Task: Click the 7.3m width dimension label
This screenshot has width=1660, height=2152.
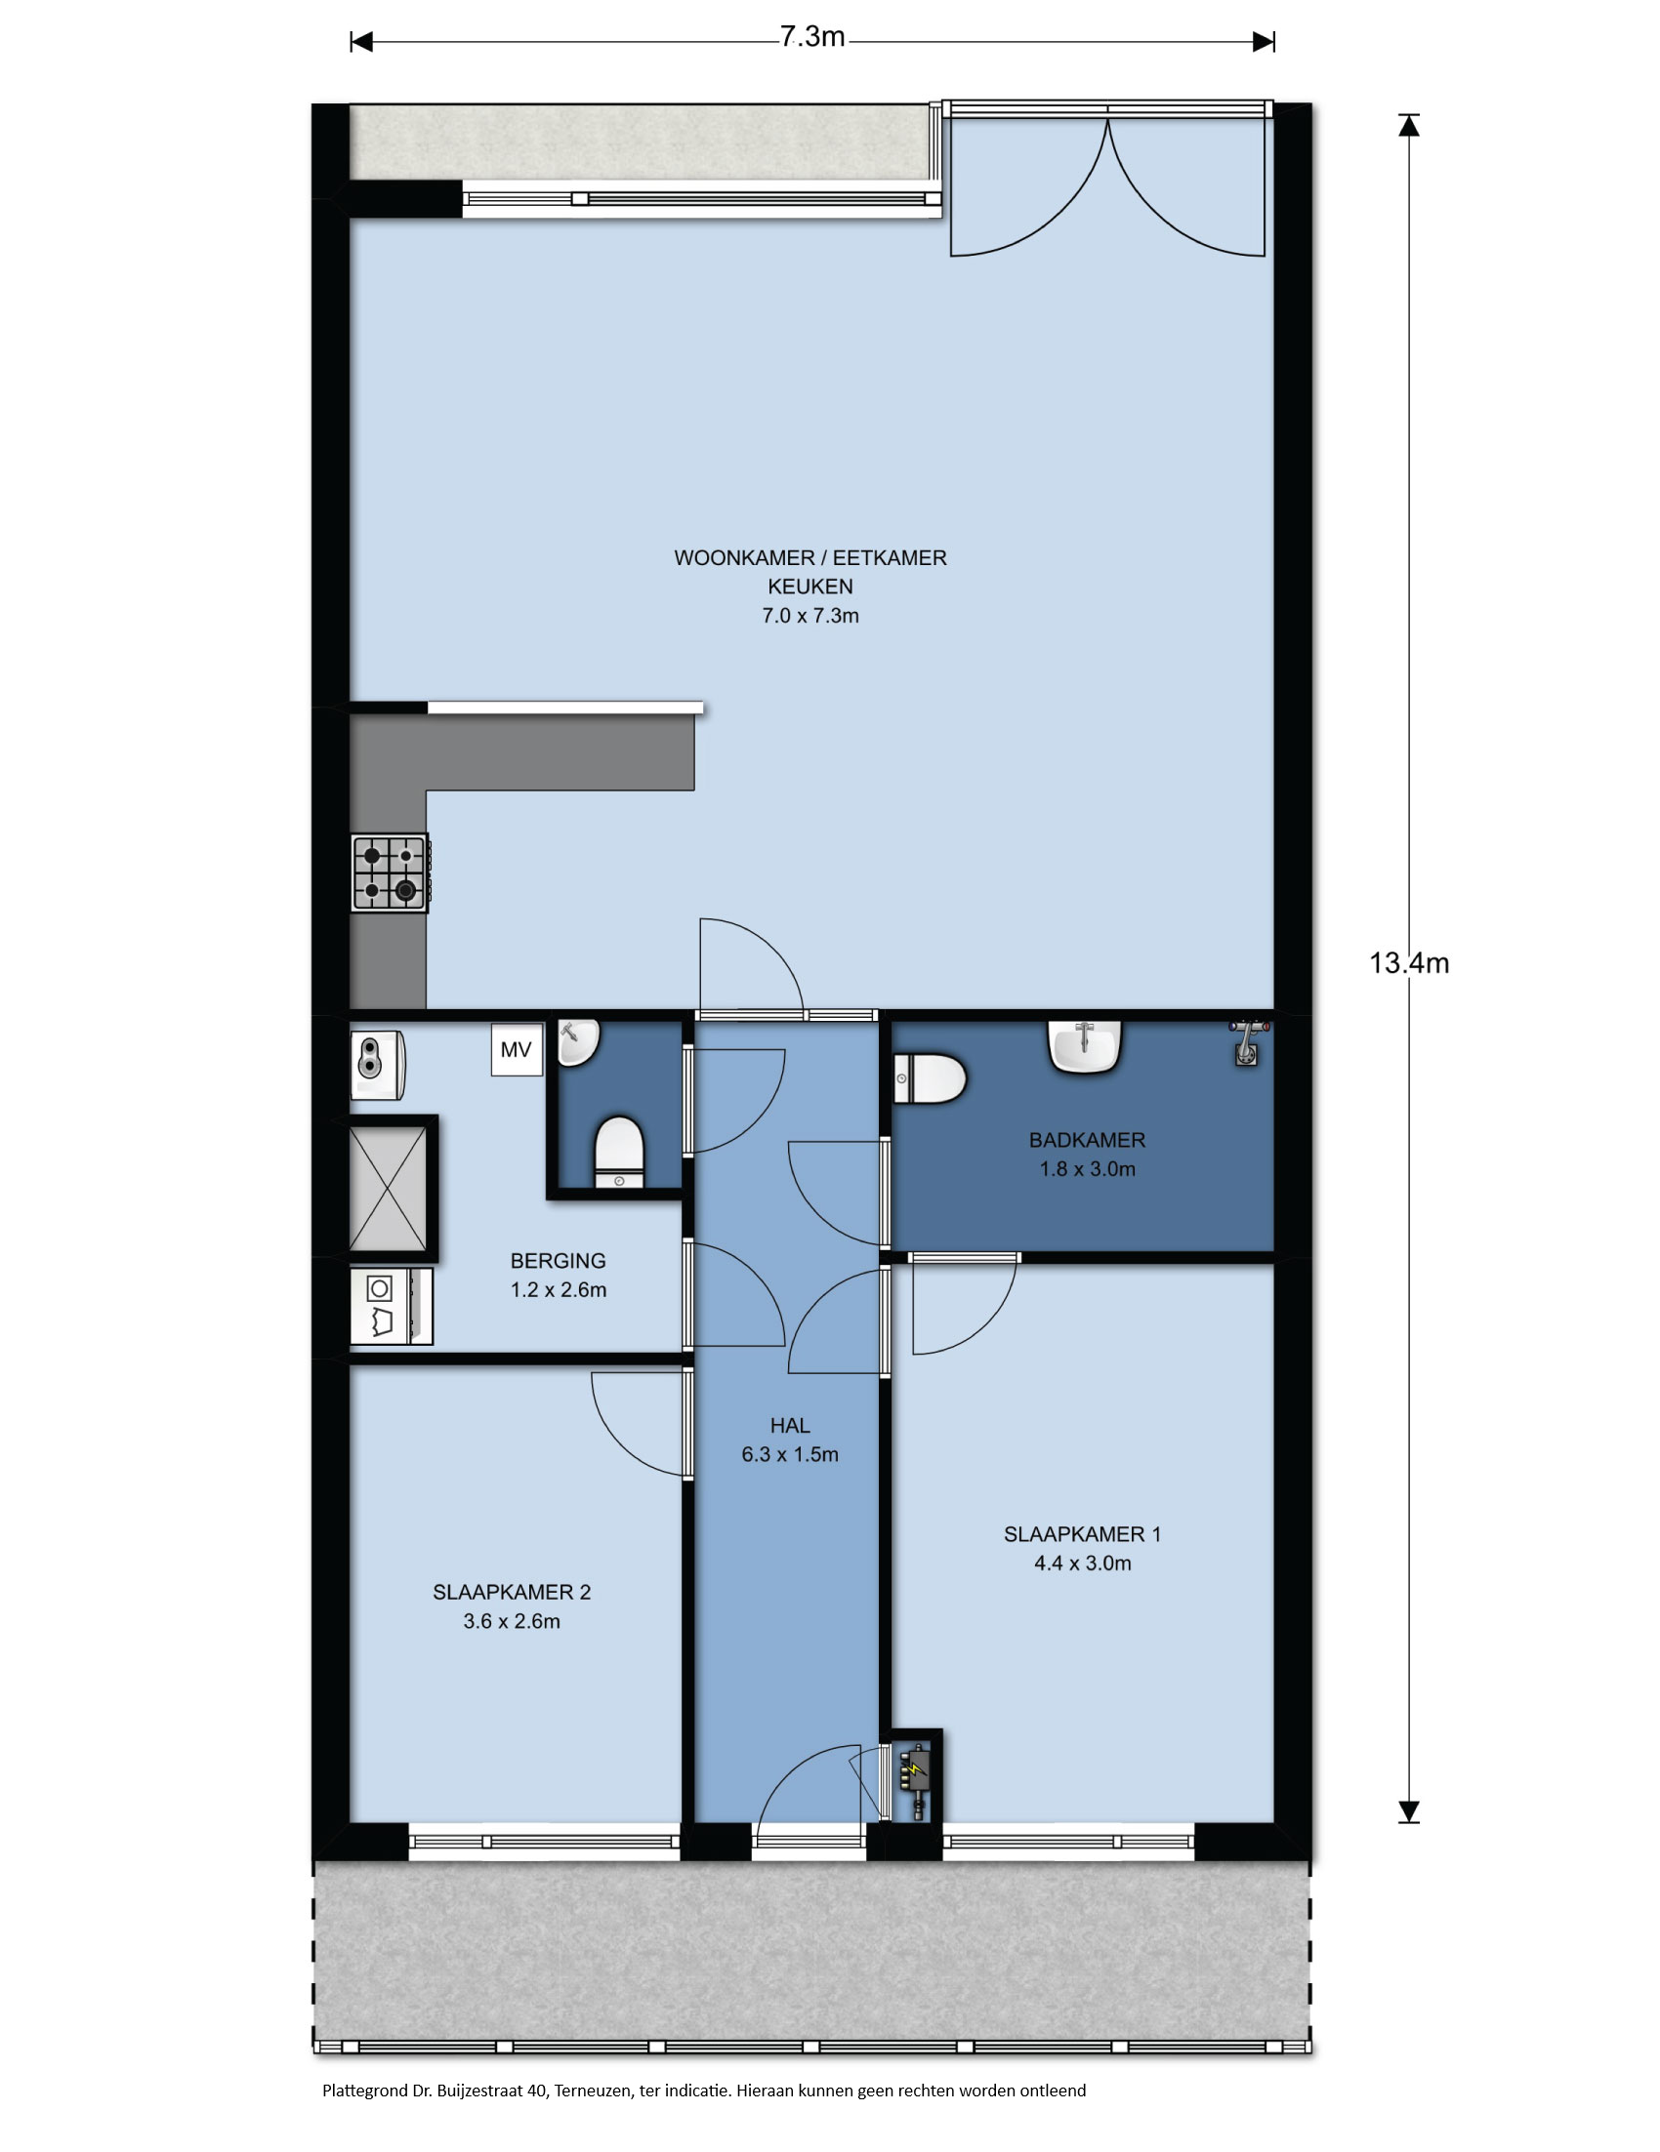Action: [812, 37]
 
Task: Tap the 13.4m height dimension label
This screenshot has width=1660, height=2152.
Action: [1409, 963]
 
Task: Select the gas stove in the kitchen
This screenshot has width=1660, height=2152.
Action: [391, 873]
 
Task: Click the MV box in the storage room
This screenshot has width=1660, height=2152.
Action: [517, 1050]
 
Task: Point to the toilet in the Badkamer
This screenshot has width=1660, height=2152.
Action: [930, 1079]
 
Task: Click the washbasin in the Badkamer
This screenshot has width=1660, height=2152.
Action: [1084, 1046]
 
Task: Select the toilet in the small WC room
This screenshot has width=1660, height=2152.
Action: [619, 1152]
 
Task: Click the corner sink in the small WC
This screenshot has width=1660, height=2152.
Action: [579, 1043]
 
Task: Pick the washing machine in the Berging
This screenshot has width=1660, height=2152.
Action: [392, 1308]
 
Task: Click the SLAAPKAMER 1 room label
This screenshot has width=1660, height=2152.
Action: [1082, 1534]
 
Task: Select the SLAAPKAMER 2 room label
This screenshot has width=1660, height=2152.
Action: [512, 1593]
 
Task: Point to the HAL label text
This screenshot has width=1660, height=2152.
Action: [791, 1426]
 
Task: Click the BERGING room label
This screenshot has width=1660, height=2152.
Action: [558, 1261]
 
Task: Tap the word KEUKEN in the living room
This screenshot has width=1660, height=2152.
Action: [810, 588]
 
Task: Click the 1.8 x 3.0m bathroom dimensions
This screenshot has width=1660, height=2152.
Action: [1087, 1169]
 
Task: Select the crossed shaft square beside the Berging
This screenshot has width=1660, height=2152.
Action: [389, 1189]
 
